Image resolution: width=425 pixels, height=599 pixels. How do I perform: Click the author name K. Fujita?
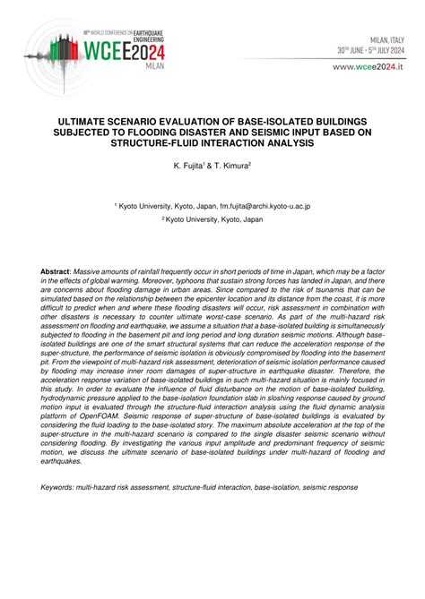[x=192, y=166]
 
